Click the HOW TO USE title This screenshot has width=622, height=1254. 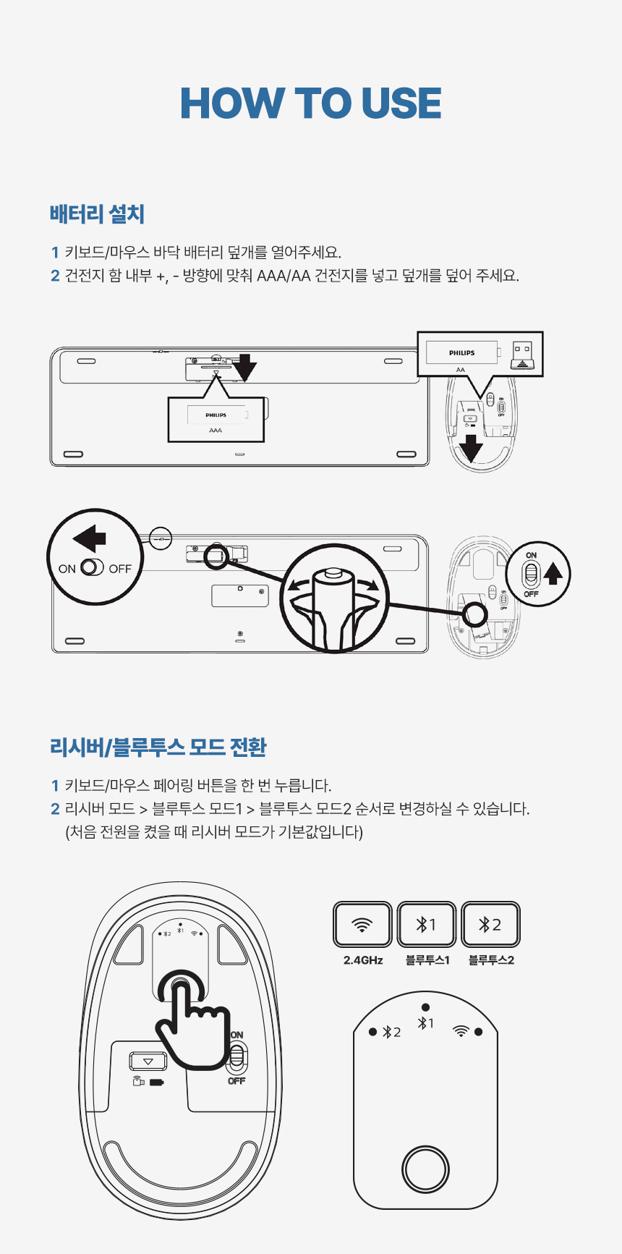311,103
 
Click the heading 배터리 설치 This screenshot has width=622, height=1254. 97,214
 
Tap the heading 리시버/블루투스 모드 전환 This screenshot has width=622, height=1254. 158,747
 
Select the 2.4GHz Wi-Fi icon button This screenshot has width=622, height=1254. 362,925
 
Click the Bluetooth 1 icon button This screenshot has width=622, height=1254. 427,925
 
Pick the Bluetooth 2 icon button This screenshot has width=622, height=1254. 490,925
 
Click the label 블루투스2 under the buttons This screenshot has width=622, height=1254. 491,960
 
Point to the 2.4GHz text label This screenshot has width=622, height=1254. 363,960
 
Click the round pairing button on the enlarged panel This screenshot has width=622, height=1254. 425,1169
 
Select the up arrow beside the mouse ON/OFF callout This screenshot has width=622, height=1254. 553,573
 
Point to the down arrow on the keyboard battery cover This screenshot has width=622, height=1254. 245,368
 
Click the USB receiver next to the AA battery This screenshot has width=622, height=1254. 522,355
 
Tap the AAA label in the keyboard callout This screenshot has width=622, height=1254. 216,430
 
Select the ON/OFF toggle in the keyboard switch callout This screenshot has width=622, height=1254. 93,568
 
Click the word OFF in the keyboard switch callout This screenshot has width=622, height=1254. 120,569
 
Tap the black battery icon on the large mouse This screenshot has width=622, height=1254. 157,1083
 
